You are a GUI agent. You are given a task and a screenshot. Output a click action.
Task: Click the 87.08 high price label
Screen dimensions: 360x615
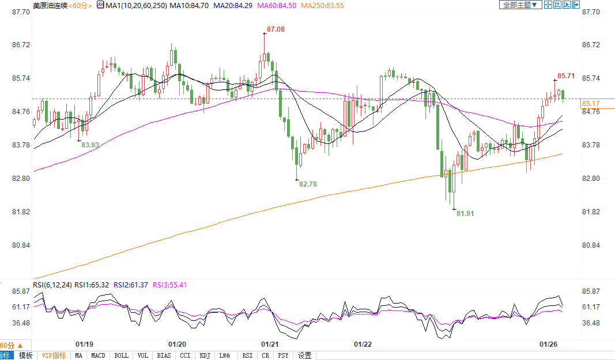tap(276, 29)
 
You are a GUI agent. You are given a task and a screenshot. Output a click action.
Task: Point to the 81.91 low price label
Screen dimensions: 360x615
tap(465, 213)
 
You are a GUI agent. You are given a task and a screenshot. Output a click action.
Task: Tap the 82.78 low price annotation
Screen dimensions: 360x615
tap(308, 184)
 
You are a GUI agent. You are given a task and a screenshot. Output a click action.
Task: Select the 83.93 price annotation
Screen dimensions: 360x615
tap(90, 145)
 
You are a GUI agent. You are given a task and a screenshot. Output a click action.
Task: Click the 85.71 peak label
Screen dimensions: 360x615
tap(566, 76)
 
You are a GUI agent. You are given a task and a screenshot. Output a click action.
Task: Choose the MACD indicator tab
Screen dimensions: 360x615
tap(99, 355)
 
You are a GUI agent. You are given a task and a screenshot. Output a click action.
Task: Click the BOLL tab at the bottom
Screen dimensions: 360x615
tap(121, 355)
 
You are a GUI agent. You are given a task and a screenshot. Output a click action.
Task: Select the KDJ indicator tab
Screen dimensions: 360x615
tap(205, 355)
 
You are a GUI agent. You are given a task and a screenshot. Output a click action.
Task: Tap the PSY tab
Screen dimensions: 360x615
tap(283, 355)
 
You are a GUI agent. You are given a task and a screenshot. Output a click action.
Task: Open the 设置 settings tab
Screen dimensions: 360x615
tap(305, 355)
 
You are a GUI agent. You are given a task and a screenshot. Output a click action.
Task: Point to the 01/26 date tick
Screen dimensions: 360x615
tap(548, 344)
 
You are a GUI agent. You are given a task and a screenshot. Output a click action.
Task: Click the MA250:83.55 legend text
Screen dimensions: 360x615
tap(323, 5)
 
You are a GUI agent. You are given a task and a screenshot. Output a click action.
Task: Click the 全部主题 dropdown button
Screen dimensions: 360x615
tap(520, 5)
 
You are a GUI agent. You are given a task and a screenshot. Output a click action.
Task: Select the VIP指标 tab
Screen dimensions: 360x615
tap(54, 355)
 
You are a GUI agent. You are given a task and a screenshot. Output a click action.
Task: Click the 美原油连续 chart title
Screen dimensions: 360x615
tap(50, 5)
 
